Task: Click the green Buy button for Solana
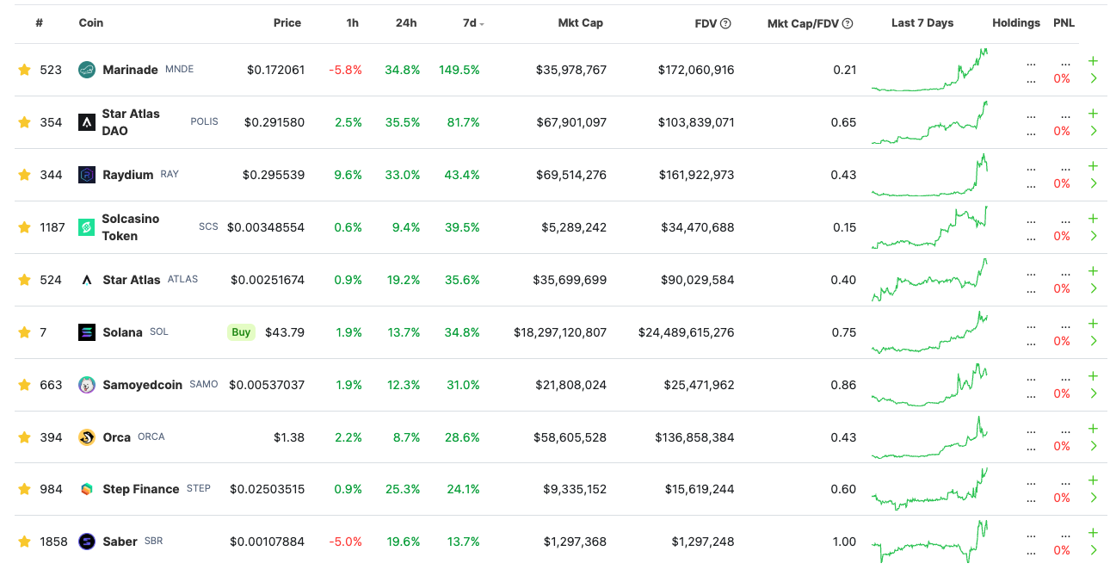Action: click(x=241, y=332)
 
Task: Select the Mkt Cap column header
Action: click(x=580, y=22)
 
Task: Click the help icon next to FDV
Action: click(x=725, y=23)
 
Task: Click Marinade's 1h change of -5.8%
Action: click(x=345, y=70)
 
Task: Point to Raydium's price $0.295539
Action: click(x=274, y=175)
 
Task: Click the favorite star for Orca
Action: click(x=24, y=437)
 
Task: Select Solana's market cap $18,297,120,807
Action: click(x=560, y=332)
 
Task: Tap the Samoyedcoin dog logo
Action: click(x=87, y=385)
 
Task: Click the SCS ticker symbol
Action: click(x=208, y=226)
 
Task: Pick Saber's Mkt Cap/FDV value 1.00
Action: click(x=844, y=542)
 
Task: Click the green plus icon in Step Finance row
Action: click(x=1093, y=480)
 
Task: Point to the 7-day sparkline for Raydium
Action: click(x=929, y=175)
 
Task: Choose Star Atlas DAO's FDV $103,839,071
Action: click(x=696, y=122)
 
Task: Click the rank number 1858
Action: click(x=53, y=542)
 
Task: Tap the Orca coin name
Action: click(x=116, y=437)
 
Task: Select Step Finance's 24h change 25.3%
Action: click(x=403, y=489)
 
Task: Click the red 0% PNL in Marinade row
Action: click(x=1062, y=79)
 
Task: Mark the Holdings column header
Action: click(x=1016, y=22)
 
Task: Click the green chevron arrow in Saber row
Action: click(x=1094, y=550)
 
